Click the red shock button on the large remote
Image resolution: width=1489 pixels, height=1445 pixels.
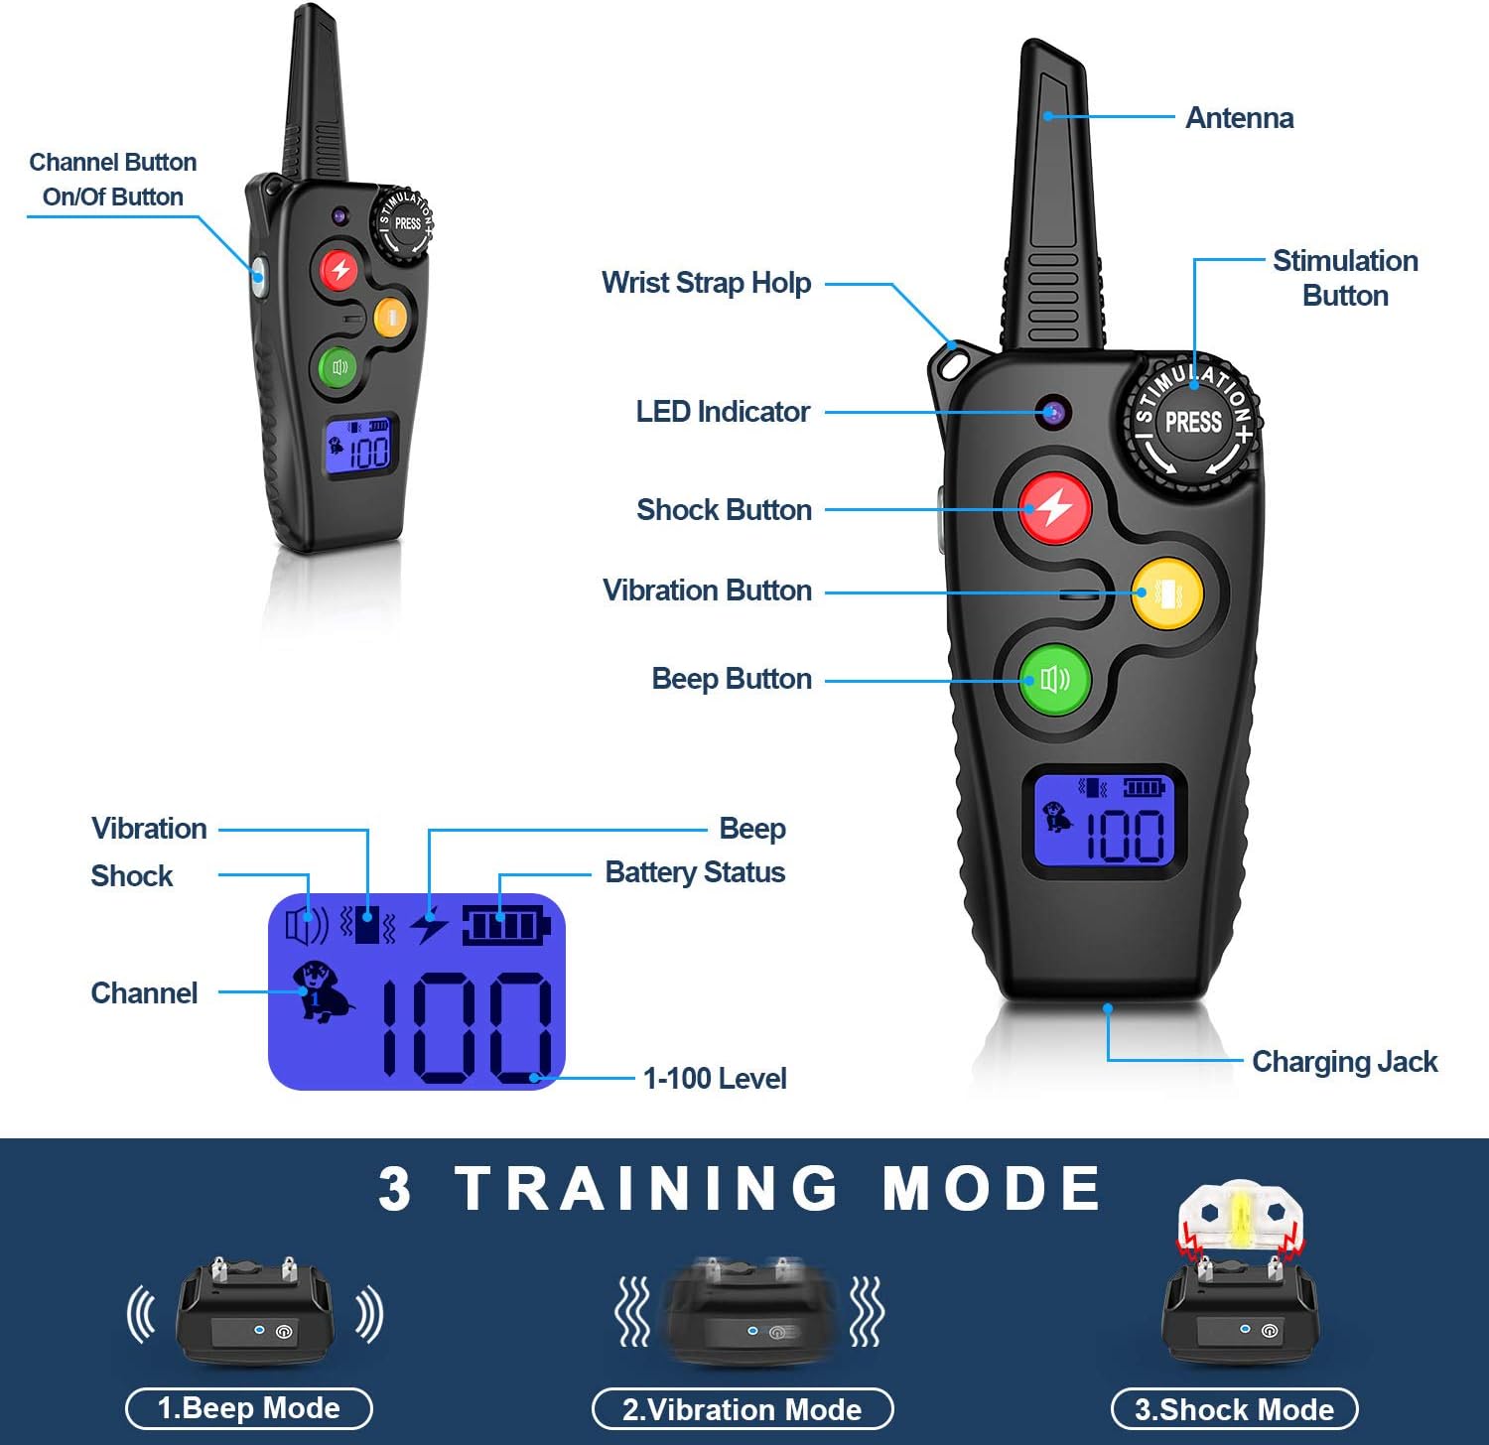click(x=1054, y=508)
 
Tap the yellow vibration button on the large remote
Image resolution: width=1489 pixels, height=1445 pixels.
click(x=1167, y=593)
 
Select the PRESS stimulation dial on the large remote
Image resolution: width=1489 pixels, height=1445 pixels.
click(x=1192, y=423)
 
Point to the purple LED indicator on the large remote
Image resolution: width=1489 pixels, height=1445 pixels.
click(x=1053, y=412)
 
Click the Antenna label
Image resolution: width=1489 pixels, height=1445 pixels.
click(x=1239, y=118)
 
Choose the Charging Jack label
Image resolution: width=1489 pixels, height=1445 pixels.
click(x=1344, y=1062)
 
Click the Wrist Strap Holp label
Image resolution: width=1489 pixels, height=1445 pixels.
click(x=706, y=283)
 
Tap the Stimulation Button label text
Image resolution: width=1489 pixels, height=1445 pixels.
click(x=1345, y=278)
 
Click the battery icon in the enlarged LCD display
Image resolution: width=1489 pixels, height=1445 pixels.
click(x=505, y=926)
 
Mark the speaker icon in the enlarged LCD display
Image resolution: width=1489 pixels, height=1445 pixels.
click(x=306, y=926)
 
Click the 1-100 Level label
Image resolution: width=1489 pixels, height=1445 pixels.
click(x=714, y=1078)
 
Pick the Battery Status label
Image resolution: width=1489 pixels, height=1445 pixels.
click(x=695, y=872)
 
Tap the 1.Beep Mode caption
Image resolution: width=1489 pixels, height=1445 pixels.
click(x=249, y=1408)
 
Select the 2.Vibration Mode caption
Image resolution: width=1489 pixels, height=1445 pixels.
click(x=742, y=1409)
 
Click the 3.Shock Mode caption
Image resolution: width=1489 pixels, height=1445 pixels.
click(x=1234, y=1409)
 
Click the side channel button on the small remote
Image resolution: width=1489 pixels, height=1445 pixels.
click(x=258, y=275)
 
